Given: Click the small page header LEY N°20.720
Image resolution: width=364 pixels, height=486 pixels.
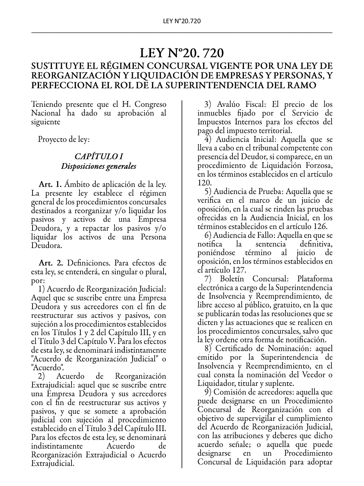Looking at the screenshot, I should [x=182, y=21].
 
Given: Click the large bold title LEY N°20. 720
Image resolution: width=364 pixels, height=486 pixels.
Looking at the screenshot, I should [x=182, y=52].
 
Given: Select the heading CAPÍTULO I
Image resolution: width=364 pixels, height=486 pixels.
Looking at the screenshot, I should [x=99, y=156].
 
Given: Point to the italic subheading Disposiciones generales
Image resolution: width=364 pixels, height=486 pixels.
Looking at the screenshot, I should [x=99, y=166].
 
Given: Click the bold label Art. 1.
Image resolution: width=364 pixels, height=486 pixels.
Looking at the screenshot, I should [x=50, y=184].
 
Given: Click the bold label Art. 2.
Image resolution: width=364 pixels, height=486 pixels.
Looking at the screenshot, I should [x=50, y=263].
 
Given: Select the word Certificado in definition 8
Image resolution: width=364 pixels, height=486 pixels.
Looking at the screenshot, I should [x=239, y=349].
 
